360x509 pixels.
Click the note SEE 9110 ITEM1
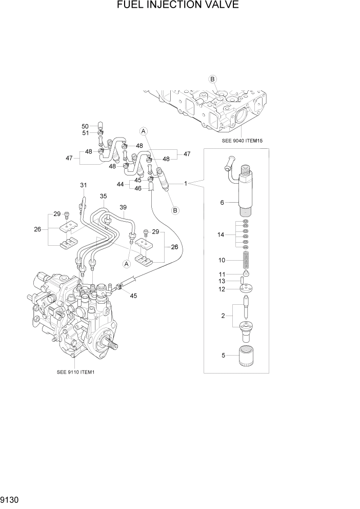pos(76,372)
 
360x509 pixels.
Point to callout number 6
pos(222,203)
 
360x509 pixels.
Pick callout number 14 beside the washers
pos(222,234)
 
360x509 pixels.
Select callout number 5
pos(223,355)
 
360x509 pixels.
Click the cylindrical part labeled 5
pos(248,355)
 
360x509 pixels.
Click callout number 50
pos(85,126)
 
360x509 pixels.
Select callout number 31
pos(83,185)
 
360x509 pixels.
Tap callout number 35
pos(103,196)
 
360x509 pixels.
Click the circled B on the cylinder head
pos(213,79)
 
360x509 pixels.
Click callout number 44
pos(120,184)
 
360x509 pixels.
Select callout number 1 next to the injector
pos(186,183)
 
